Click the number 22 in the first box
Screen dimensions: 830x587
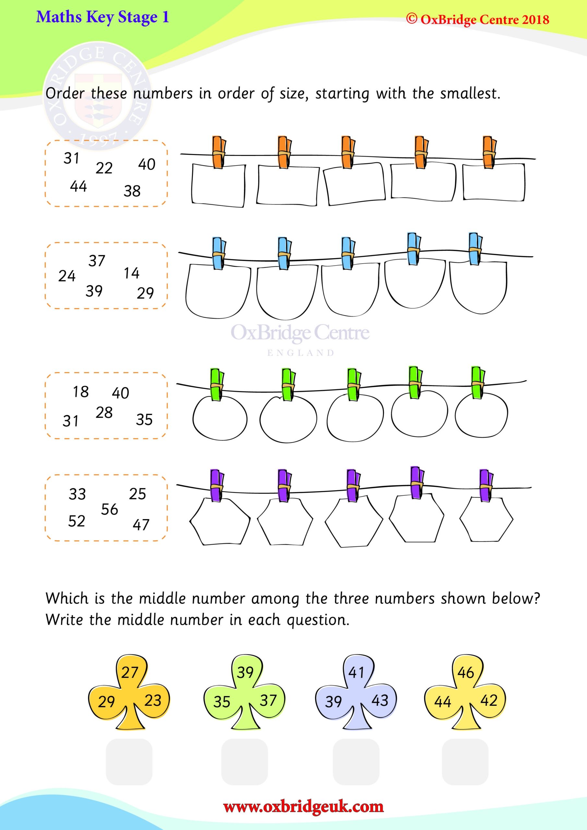pyautogui.click(x=104, y=168)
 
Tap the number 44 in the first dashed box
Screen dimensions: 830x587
pyautogui.click(x=78, y=186)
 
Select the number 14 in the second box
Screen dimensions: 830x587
pyautogui.click(x=131, y=273)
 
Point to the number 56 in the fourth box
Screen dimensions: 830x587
pyautogui.click(x=109, y=509)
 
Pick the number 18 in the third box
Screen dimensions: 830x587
pyautogui.click(x=81, y=392)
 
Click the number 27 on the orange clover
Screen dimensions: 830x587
pyautogui.click(x=129, y=672)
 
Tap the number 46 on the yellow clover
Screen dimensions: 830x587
pyautogui.click(x=465, y=672)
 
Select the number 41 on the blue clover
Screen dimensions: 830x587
pyautogui.click(x=356, y=672)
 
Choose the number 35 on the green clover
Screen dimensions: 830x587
pyautogui.click(x=222, y=702)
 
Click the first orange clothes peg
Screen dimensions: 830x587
pyautogui.click(x=219, y=152)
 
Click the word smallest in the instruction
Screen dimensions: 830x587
pyautogui.click(x=470, y=94)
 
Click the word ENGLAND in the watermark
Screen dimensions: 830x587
pyautogui.click(x=301, y=353)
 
